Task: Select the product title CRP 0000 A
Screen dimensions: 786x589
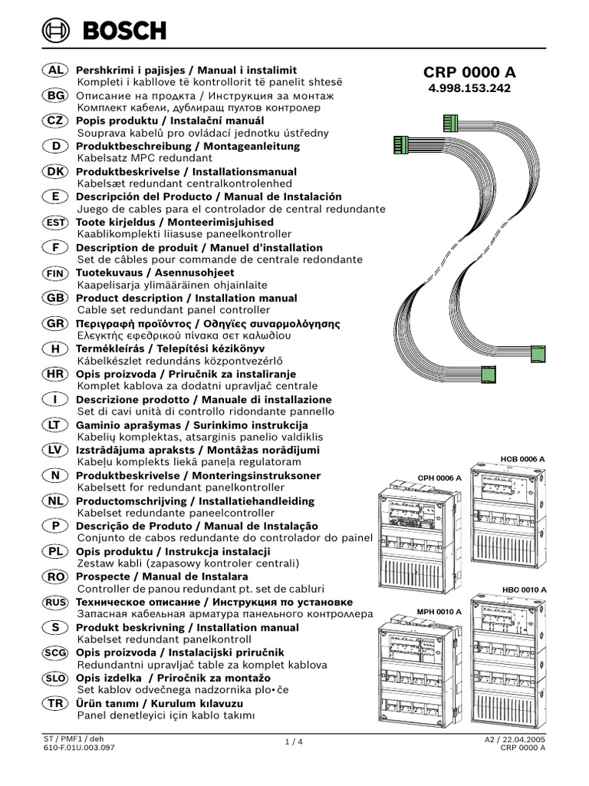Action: pos(469,72)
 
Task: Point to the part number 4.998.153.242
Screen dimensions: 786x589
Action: pos(469,88)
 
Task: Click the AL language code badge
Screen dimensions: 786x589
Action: pos(55,70)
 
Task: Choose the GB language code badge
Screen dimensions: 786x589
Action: pos(55,298)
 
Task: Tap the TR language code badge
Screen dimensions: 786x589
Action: pos(55,703)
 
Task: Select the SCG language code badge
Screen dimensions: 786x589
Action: pos(55,652)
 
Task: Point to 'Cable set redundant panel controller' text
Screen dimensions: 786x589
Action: pos(173,310)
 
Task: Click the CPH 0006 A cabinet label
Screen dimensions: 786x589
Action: pos(439,477)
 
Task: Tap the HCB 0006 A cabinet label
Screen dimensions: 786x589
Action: pos(522,458)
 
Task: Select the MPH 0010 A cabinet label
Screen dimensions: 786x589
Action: pos(439,612)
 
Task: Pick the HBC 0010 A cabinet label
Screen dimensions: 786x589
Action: pos(524,589)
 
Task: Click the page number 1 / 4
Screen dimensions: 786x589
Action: pos(294,741)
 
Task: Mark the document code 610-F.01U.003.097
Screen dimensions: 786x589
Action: pos(80,746)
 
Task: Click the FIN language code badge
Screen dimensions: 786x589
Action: pos(55,272)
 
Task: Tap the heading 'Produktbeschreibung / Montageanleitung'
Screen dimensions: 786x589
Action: pos(187,146)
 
